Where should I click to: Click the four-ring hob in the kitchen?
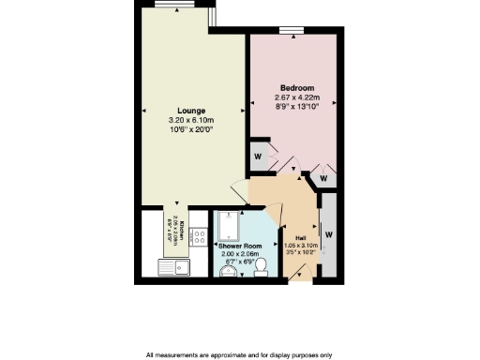(x=199, y=237)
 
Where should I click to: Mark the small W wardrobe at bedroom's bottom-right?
(x=323, y=177)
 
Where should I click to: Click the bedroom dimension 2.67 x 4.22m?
(x=297, y=97)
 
